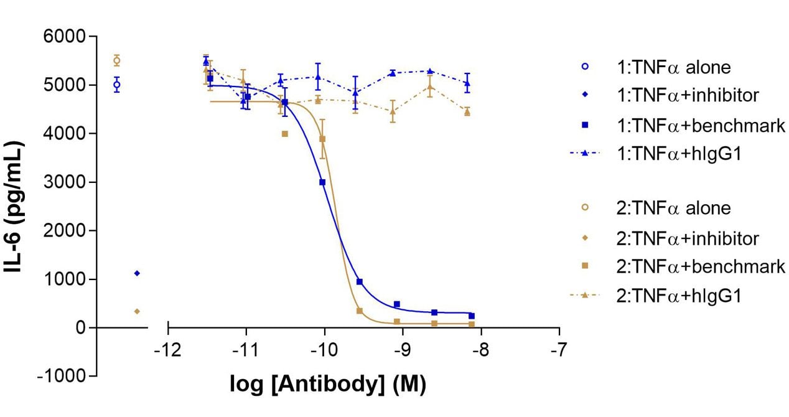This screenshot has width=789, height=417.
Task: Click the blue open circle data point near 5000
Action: click(x=116, y=85)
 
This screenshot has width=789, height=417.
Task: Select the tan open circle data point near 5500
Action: click(x=116, y=60)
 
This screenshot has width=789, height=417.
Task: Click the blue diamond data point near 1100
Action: click(x=137, y=273)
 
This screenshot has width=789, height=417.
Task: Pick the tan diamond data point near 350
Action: click(x=137, y=311)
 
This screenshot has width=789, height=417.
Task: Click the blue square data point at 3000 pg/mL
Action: click(x=322, y=182)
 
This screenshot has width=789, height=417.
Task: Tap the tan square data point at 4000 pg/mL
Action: click(x=285, y=134)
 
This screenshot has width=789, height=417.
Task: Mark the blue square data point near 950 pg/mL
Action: click(x=360, y=282)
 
